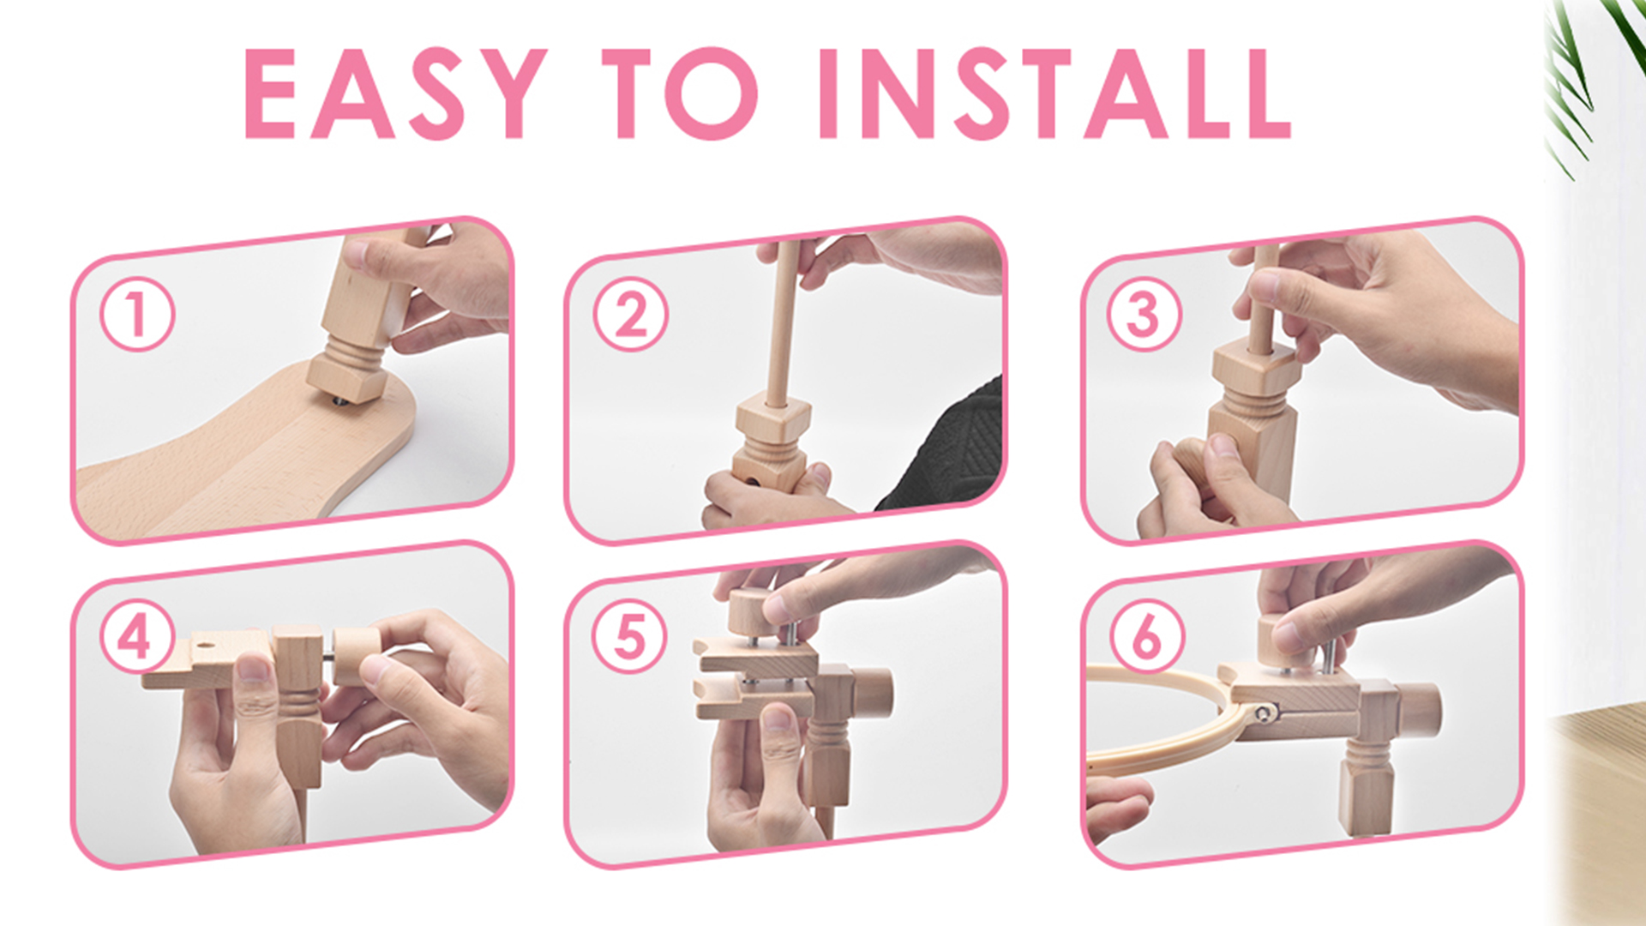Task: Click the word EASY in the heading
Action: pyautogui.click(x=395, y=93)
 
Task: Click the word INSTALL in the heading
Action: pyautogui.click(x=1054, y=93)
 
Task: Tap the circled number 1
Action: pyautogui.click(x=137, y=315)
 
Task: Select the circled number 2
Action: pyautogui.click(x=631, y=314)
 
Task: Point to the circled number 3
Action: pyautogui.click(x=1144, y=314)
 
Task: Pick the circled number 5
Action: pyautogui.click(x=630, y=636)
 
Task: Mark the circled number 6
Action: pyautogui.click(x=1147, y=636)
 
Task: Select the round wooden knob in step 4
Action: pyautogui.click(x=356, y=657)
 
